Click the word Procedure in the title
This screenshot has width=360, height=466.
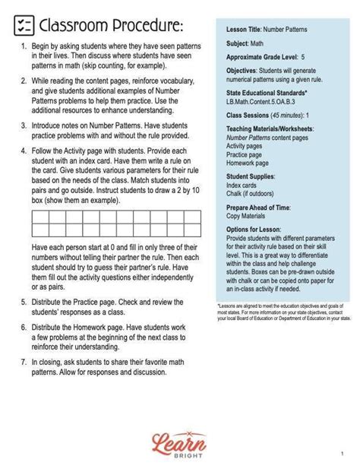pos(144,26)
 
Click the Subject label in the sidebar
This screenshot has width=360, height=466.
pos(238,44)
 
